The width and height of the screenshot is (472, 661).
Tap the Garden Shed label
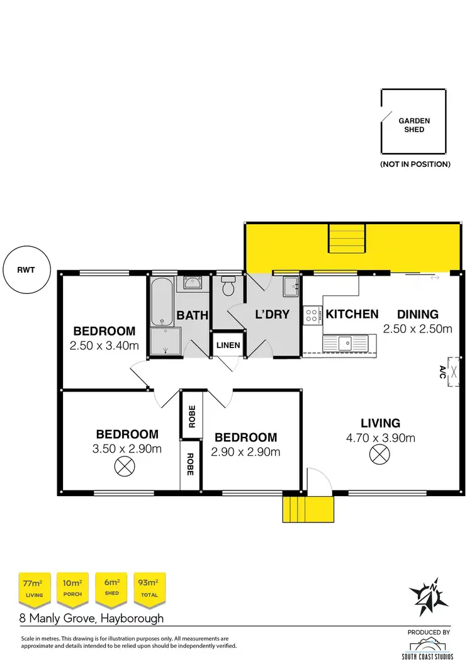(x=414, y=125)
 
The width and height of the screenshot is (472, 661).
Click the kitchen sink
(x=345, y=343)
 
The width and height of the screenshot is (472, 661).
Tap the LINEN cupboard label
(x=227, y=345)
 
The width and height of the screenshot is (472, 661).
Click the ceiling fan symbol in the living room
(x=379, y=453)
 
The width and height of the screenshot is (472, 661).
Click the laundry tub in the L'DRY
(x=291, y=286)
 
